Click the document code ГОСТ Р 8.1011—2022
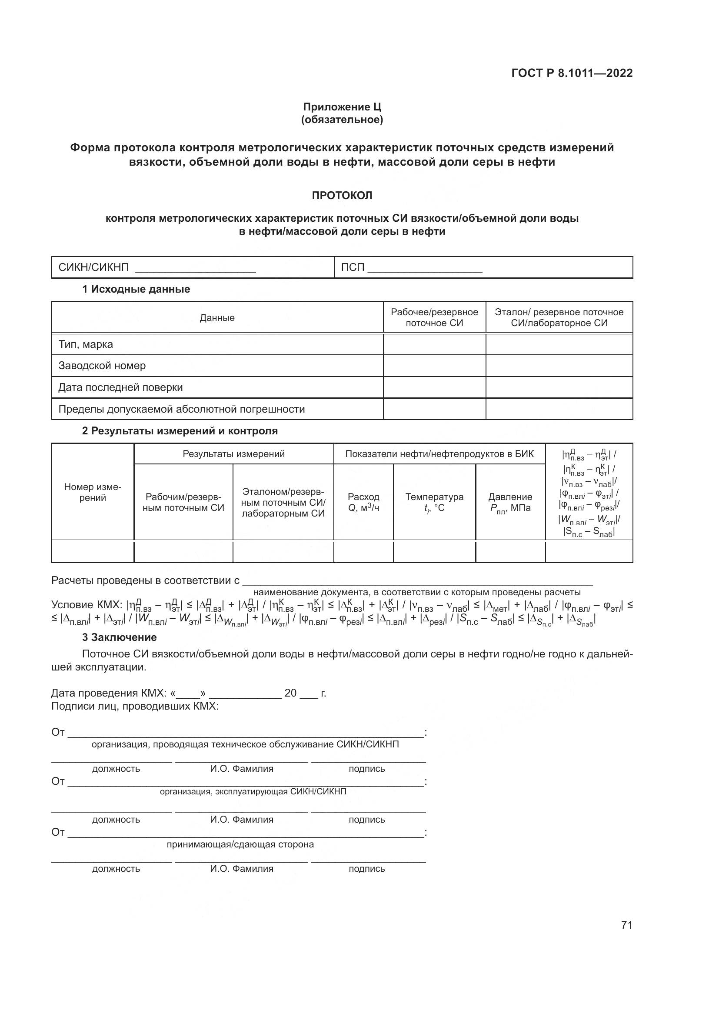pyautogui.click(x=572, y=73)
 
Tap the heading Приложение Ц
pyautogui.click(x=342, y=107)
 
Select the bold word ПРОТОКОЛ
pyautogui.click(x=342, y=195)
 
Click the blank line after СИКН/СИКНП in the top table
pyautogui.click(x=195, y=268)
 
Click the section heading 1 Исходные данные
pyautogui.click(x=136, y=289)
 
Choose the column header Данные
pyautogui.click(x=217, y=317)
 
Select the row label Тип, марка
pyautogui.click(x=86, y=344)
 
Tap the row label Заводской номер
pyautogui.click(x=102, y=366)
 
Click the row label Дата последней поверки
pyautogui.click(x=120, y=387)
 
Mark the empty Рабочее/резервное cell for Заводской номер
pyautogui.click(x=434, y=366)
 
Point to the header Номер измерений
pyautogui.click(x=93, y=492)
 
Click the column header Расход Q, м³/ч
pyautogui.click(x=363, y=502)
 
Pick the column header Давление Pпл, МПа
pyautogui.click(x=510, y=502)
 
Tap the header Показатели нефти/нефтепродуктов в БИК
pyautogui.click(x=439, y=454)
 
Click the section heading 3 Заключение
pyautogui.click(x=119, y=637)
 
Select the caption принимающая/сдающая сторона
pyautogui.click(x=240, y=844)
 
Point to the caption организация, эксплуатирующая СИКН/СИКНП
pyautogui.click(x=253, y=791)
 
